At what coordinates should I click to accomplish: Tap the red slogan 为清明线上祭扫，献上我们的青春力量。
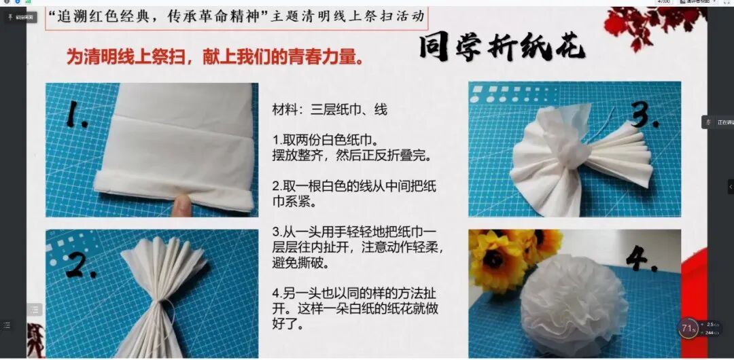pos(214,57)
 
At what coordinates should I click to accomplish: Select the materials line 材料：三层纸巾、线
pos(330,109)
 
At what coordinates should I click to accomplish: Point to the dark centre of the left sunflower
pos(495,258)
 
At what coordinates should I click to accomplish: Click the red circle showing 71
pos(687,329)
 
